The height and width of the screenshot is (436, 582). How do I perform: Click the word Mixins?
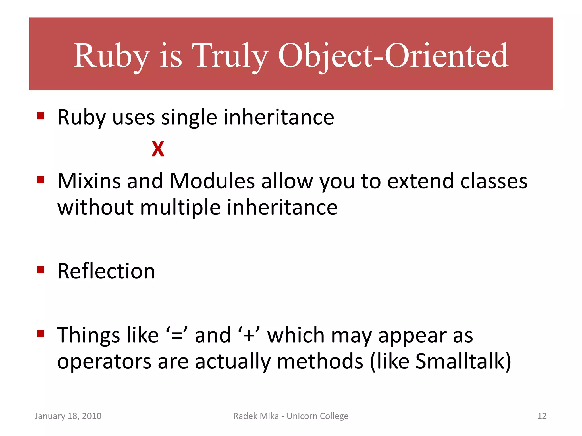[89, 181]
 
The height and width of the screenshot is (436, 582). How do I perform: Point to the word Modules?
[212, 181]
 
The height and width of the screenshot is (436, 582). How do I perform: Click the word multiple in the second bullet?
[180, 207]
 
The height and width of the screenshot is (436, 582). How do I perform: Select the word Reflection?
[106, 271]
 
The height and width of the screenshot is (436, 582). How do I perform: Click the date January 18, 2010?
[68, 416]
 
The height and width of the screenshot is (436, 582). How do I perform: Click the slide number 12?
[542, 416]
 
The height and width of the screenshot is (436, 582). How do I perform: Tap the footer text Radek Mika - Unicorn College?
[291, 416]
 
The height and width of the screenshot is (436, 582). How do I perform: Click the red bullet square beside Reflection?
[41, 269]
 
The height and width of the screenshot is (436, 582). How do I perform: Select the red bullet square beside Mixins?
[41, 180]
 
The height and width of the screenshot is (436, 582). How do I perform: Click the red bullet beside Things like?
[41, 333]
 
